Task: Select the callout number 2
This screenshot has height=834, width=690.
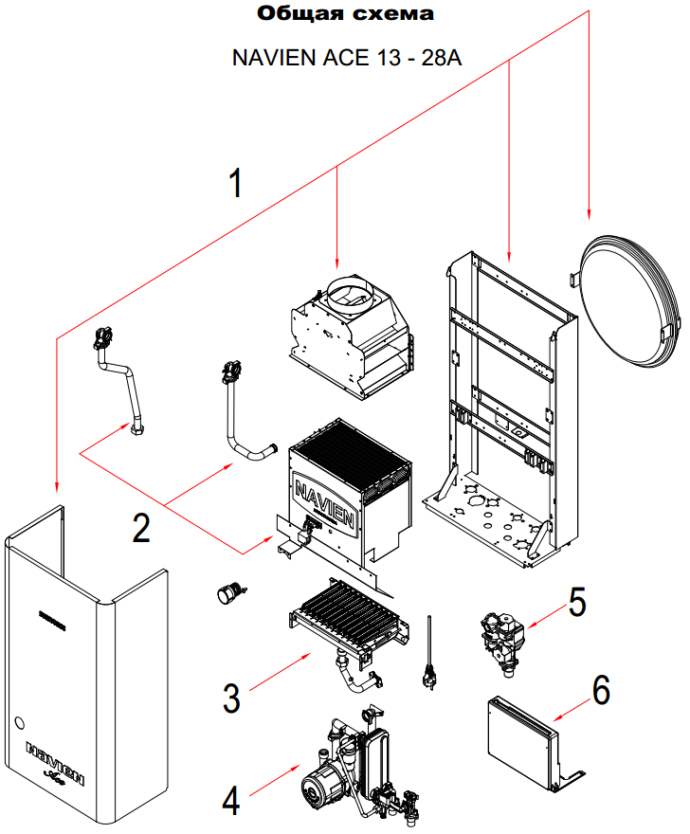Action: tap(141, 527)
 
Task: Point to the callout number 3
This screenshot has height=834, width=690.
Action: tap(231, 698)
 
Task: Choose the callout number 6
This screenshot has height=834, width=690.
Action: tap(601, 691)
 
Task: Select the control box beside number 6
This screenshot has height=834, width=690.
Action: tap(520, 740)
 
